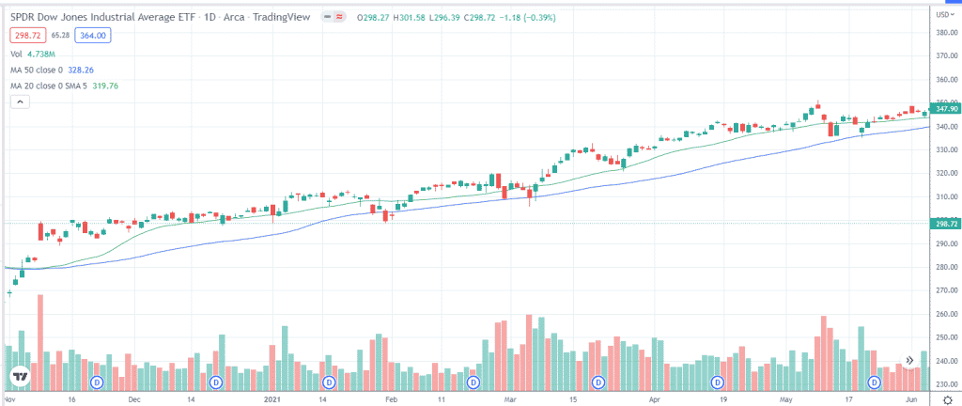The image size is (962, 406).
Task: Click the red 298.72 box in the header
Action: [x=27, y=35]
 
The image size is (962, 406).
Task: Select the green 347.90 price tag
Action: [x=943, y=110]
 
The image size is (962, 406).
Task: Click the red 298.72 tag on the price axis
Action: [x=943, y=223]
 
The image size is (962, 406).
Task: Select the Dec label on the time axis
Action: [x=134, y=398]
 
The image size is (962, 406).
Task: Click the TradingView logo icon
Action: [x=19, y=378]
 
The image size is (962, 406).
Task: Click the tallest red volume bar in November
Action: [x=40, y=343]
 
